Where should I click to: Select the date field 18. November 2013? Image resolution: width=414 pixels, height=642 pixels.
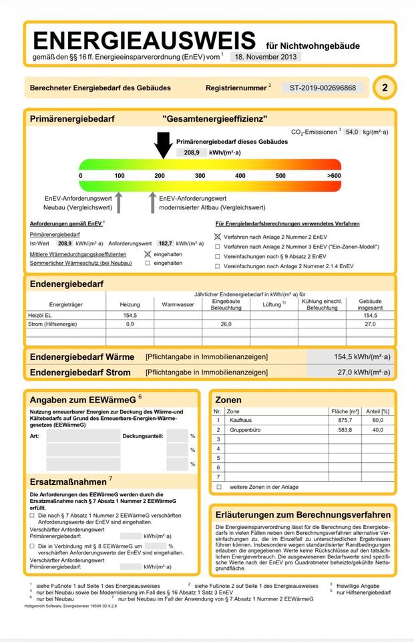point(266,58)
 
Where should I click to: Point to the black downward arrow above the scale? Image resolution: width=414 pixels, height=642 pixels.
point(162,144)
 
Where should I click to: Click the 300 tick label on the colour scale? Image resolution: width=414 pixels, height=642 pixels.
point(200,175)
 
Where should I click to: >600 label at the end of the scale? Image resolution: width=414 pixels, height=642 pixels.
point(333,175)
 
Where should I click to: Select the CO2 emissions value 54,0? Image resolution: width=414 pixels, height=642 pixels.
point(352,132)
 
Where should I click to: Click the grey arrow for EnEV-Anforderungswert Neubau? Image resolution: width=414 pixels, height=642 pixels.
point(119,201)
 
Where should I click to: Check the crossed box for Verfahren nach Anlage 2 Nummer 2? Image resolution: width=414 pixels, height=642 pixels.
point(217,237)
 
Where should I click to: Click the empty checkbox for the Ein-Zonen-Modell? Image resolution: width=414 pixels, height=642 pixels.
point(217,247)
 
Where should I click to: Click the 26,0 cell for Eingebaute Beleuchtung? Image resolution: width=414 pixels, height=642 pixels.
point(226,324)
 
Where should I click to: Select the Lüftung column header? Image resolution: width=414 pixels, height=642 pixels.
point(274,304)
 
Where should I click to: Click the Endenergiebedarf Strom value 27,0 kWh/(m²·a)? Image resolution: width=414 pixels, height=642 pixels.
point(364,372)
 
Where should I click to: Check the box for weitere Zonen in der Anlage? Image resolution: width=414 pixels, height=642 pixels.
point(218,487)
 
